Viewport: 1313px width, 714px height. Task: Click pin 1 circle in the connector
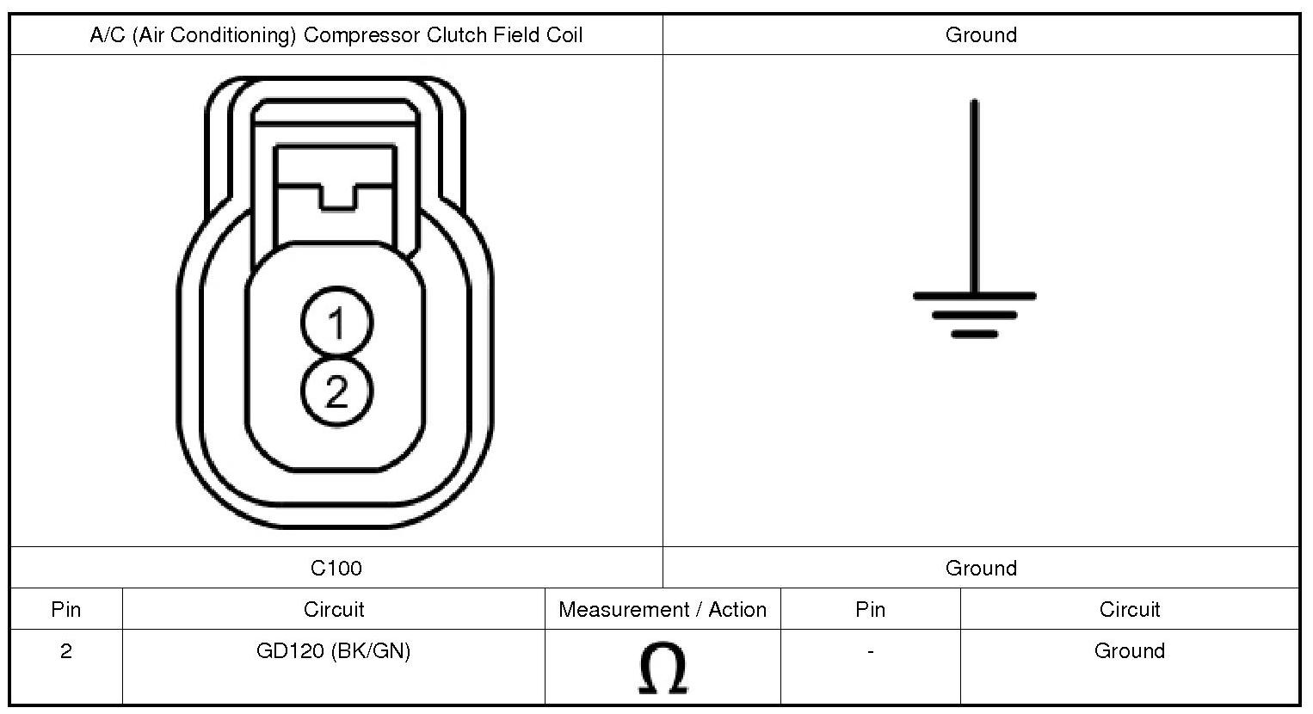pyautogui.click(x=336, y=322)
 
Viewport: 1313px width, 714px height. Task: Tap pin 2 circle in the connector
pyautogui.click(x=336, y=391)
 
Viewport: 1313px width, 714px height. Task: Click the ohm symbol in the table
pyautogui.click(x=663, y=668)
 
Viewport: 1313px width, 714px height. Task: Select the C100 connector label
pyautogui.click(x=336, y=568)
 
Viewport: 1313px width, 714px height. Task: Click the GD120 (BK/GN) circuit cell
pyautogui.click(x=333, y=650)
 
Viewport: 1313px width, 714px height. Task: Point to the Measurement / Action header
pyautogui.click(x=663, y=609)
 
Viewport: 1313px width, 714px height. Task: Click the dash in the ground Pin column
pyautogui.click(x=871, y=651)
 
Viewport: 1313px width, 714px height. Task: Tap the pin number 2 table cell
pyautogui.click(x=65, y=650)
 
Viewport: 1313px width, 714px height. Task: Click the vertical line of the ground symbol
pyautogui.click(x=974, y=196)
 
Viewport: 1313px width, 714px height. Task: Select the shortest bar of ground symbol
pyautogui.click(x=974, y=334)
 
